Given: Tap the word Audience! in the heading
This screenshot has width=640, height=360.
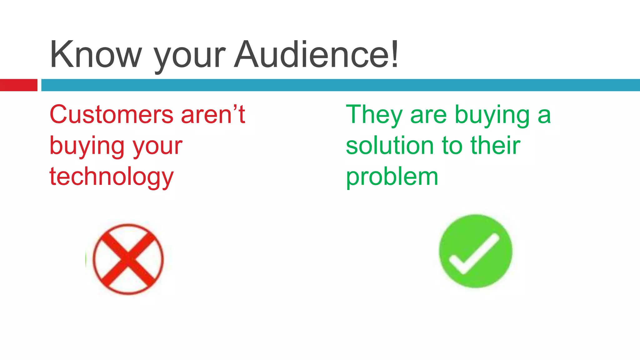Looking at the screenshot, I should [x=316, y=55].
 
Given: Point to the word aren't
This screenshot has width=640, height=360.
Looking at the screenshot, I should [x=213, y=115].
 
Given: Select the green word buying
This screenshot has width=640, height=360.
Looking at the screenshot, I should [x=492, y=116].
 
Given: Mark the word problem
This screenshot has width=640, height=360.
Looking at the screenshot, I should [x=392, y=177].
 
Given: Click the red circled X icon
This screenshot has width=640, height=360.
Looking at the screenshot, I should [x=128, y=259].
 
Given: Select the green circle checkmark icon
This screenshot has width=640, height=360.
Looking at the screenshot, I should [x=475, y=251].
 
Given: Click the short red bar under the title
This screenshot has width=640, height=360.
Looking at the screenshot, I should [x=18, y=85].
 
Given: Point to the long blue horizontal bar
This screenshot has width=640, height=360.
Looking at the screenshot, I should [x=340, y=85].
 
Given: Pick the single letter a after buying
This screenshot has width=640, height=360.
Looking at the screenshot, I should [x=544, y=116].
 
